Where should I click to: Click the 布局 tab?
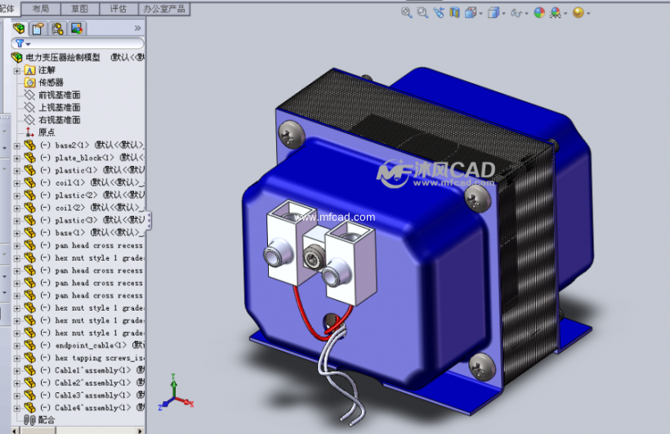[41, 8]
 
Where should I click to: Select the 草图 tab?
[80, 8]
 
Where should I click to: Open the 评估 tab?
[118, 8]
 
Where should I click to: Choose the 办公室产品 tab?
[163, 8]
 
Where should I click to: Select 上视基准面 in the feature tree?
[59, 107]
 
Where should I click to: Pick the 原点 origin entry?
[47, 132]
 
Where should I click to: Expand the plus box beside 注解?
[17, 70]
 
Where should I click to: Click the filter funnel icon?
[20, 43]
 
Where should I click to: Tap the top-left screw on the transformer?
[288, 132]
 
